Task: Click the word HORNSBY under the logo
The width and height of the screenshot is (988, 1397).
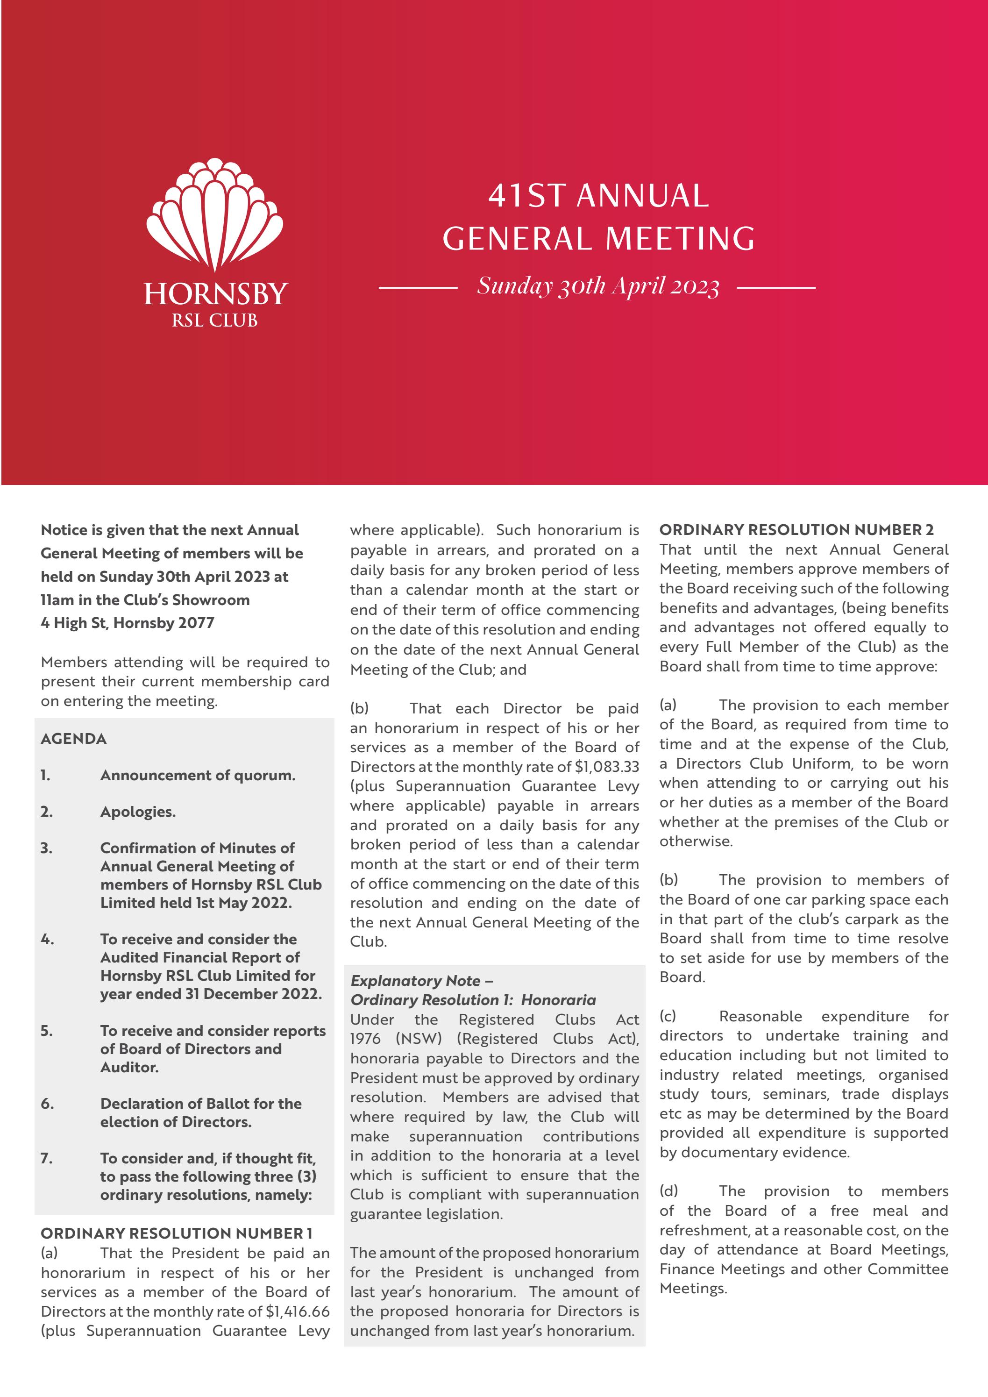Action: tap(215, 294)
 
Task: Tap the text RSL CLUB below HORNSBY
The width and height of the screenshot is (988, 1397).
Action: tap(215, 321)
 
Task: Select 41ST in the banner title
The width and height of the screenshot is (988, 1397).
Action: tap(527, 196)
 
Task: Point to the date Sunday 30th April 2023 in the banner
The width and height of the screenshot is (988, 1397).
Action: tap(597, 286)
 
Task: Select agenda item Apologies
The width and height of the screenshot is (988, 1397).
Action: tap(138, 812)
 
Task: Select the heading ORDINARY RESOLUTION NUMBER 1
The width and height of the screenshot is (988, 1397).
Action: tap(177, 1233)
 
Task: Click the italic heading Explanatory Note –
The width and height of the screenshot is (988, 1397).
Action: tap(422, 981)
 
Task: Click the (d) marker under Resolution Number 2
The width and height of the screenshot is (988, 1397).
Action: tap(668, 1191)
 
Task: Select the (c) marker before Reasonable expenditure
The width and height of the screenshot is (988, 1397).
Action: tap(668, 1016)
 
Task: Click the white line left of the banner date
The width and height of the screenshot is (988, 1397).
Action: tap(418, 287)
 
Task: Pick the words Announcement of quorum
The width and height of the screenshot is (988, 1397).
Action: tap(198, 775)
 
